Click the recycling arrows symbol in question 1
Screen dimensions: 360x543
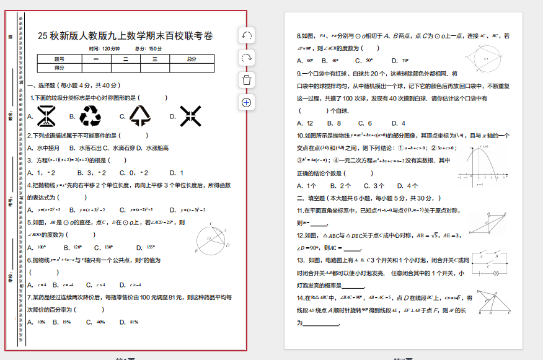point(90,115)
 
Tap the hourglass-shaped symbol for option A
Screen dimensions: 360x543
point(46,115)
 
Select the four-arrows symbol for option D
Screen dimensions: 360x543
point(190,115)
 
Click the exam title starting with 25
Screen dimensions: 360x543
point(125,36)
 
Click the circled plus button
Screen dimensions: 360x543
point(247,102)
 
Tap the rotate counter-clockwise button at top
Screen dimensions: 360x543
point(247,35)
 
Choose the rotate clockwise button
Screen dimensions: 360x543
point(247,58)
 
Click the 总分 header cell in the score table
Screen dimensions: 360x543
point(192,59)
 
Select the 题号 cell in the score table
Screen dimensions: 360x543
point(60,59)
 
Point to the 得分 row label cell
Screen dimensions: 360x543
point(60,68)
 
